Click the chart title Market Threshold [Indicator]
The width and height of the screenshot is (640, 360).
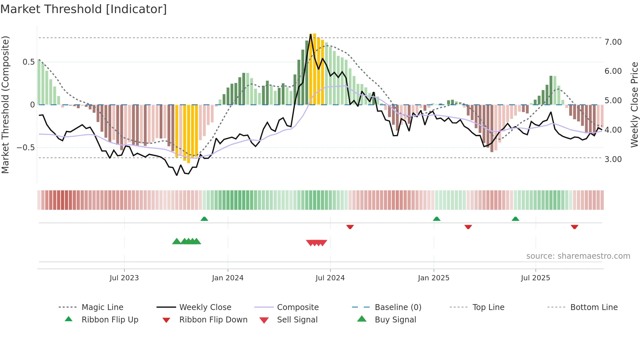click(84, 9)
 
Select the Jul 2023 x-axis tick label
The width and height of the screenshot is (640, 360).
click(124, 278)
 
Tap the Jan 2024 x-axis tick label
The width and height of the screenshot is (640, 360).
click(228, 278)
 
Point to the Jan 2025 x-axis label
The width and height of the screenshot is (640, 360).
click(433, 278)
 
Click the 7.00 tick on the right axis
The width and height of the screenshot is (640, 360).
click(613, 42)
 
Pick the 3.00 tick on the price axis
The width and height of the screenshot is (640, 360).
click(613, 159)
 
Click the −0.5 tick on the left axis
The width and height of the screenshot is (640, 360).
click(25, 148)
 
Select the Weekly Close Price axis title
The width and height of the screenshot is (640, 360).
click(634, 105)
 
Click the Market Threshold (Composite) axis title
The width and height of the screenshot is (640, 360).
click(5, 105)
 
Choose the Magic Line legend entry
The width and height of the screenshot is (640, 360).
click(102, 307)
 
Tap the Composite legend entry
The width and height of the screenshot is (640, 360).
click(297, 307)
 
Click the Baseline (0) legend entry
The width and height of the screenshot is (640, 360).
click(398, 307)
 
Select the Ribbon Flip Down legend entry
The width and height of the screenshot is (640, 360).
click(213, 320)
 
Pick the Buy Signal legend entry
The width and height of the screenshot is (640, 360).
click(395, 320)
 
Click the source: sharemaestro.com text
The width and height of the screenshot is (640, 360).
click(578, 256)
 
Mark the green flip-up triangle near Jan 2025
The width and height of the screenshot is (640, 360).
click(437, 219)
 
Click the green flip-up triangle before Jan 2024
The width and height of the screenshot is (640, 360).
click(204, 219)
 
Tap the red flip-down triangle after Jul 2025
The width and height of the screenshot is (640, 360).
click(574, 227)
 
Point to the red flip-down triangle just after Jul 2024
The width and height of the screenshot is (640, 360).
click(350, 227)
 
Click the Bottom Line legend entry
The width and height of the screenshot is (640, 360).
click(594, 307)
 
